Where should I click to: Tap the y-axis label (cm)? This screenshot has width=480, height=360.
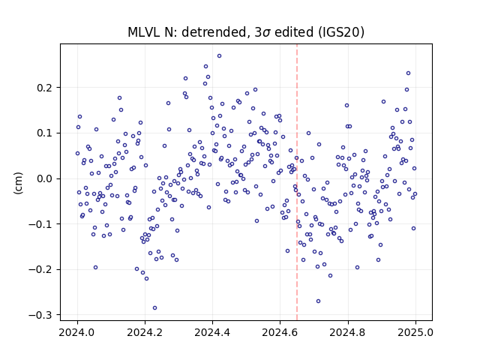pyautogui.click(x=18, y=183)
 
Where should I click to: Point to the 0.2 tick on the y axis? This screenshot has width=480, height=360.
pyautogui.click(x=45, y=88)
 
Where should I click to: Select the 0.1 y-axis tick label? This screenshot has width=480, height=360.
pyautogui.click(x=45, y=133)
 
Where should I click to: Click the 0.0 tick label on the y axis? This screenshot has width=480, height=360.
pyautogui.click(x=45, y=178)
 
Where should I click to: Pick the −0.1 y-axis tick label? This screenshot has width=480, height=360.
pyautogui.click(x=40, y=224)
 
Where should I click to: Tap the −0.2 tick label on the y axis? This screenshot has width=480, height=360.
pyautogui.click(x=40, y=270)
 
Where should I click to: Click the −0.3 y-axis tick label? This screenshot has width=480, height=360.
pyautogui.click(x=40, y=315)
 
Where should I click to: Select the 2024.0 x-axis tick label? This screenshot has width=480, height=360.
pyautogui.click(x=77, y=332)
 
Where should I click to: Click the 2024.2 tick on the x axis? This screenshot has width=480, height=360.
pyautogui.click(x=145, y=332)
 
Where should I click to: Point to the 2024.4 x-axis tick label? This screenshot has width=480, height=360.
pyautogui.click(x=212, y=332)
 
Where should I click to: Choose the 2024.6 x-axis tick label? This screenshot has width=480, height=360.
pyautogui.click(x=280, y=332)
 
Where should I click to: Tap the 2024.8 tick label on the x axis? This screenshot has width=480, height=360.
pyautogui.click(x=348, y=332)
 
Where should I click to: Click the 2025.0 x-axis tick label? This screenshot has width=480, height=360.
pyautogui.click(x=415, y=332)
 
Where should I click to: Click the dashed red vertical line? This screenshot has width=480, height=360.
pyautogui.click(x=297, y=182)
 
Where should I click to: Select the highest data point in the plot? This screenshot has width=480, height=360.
pyautogui.click(x=219, y=56)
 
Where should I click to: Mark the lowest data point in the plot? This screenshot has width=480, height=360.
pyautogui.click(x=155, y=308)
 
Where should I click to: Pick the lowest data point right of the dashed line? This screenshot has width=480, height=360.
pyautogui.click(x=318, y=301)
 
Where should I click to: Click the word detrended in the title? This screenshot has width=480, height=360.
pyautogui.click(x=214, y=32)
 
